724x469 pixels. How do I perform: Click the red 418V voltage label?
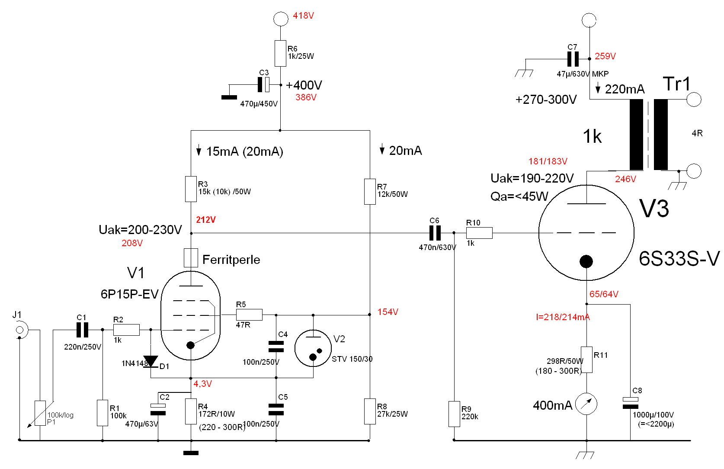click(303, 16)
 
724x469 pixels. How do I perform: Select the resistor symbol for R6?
click(280, 53)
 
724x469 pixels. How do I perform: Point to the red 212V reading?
click(206, 220)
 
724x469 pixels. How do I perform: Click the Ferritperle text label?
click(231, 260)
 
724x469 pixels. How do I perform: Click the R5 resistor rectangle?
click(249, 315)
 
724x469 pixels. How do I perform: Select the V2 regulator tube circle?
click(313, 348)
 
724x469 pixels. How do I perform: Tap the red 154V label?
click(388, 312)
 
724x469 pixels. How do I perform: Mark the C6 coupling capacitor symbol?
click(435, 233)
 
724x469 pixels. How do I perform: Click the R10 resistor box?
click(479, 233)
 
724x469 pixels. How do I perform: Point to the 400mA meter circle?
click(586, 404)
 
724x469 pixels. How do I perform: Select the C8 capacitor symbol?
click(630, 403)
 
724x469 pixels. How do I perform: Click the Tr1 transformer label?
click(676, 84)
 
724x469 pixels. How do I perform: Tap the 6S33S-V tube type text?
click(679, 259)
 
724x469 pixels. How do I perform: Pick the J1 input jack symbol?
click(19, 330)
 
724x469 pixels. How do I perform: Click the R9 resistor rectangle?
click(454, 414)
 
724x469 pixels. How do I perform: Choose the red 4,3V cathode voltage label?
click(202, 384)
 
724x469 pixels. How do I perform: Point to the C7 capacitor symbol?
click(573, 59)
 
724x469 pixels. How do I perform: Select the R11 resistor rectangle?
click(586, 360)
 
